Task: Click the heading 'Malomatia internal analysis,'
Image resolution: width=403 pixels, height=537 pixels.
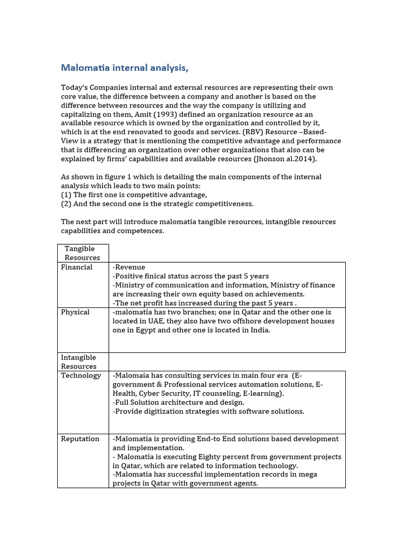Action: tap(124, 68)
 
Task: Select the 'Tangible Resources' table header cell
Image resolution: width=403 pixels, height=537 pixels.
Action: tap(82, 253)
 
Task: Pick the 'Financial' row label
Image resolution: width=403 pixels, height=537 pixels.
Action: tap(77, 267)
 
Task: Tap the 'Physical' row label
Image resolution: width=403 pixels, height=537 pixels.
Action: tap(75, 312)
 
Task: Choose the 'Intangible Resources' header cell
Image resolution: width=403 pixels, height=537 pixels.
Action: tap(79, 362)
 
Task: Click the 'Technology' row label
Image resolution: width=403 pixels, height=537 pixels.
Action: tap(81, 375)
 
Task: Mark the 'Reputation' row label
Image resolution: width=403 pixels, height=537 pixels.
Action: tap(80, 439)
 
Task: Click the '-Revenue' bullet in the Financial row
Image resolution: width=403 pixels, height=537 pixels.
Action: tap(129, 267)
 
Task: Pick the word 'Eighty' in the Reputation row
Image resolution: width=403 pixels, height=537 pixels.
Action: tap(218, 457)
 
